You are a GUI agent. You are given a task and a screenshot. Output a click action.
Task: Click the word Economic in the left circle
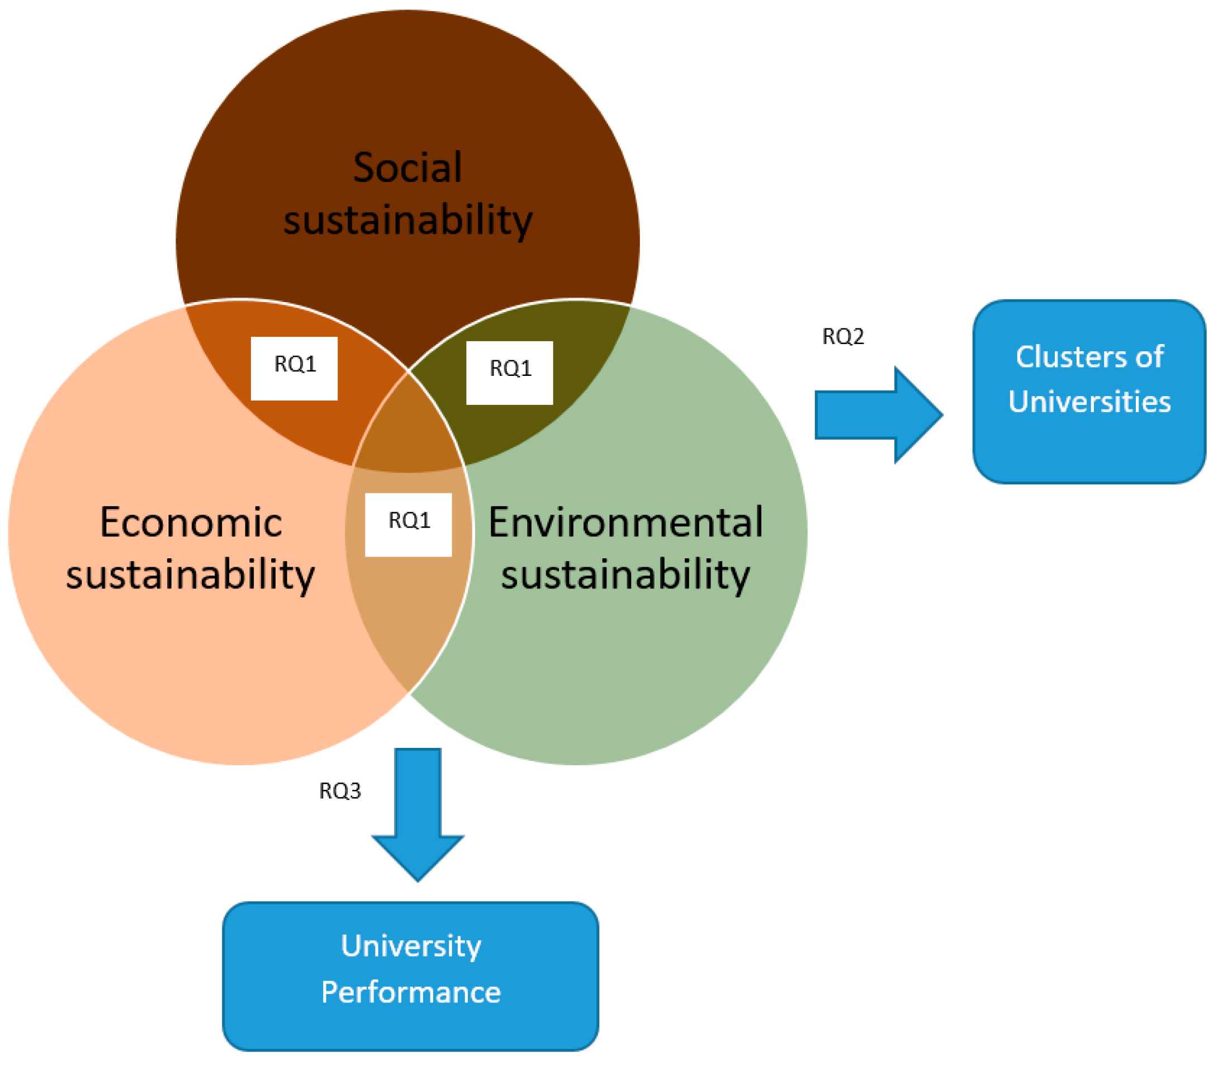(191, 523)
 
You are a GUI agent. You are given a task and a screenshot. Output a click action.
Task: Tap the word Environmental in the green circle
(625, 523)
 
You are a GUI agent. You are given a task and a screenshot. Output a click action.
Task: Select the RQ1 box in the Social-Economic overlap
(295, 369)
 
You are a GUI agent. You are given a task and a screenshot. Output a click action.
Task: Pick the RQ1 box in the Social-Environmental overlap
(509, 373)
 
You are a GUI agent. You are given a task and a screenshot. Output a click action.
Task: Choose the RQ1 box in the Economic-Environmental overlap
(408, 525)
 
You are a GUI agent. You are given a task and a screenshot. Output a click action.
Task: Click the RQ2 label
(842, 337)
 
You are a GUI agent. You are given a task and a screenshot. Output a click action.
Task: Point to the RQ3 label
(340, 791)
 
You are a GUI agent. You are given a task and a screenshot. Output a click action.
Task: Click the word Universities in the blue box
(1089, 401)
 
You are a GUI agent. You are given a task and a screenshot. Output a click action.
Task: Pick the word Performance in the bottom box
(411, 992)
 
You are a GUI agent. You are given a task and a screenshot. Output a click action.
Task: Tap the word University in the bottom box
(411, 946)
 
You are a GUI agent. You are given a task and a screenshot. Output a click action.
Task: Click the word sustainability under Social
(407, 220)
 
